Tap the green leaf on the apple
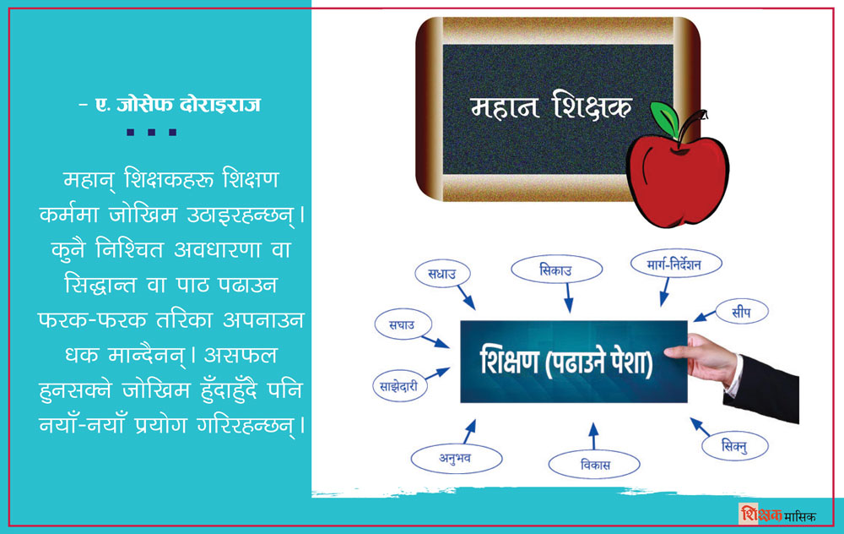click(665, 118)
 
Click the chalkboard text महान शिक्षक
click(550, 106)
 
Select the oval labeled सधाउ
click(442, 274)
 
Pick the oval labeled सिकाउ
click(556, 270)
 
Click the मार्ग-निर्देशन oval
click(676, 264)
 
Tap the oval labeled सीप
click(741, 312)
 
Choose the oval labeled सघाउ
click(403, 324)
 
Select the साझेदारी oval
click(399, 386)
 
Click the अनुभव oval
click(457, 459)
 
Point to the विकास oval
click(594, 465)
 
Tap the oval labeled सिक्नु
click(735, 446)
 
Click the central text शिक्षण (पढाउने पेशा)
click(566, 362)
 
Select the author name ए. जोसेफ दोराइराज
click(170, 104)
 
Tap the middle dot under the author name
click(151, 132)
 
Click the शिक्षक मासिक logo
click(778, 515)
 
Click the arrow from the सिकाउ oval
click(568, 298)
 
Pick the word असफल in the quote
click(241, 356)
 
